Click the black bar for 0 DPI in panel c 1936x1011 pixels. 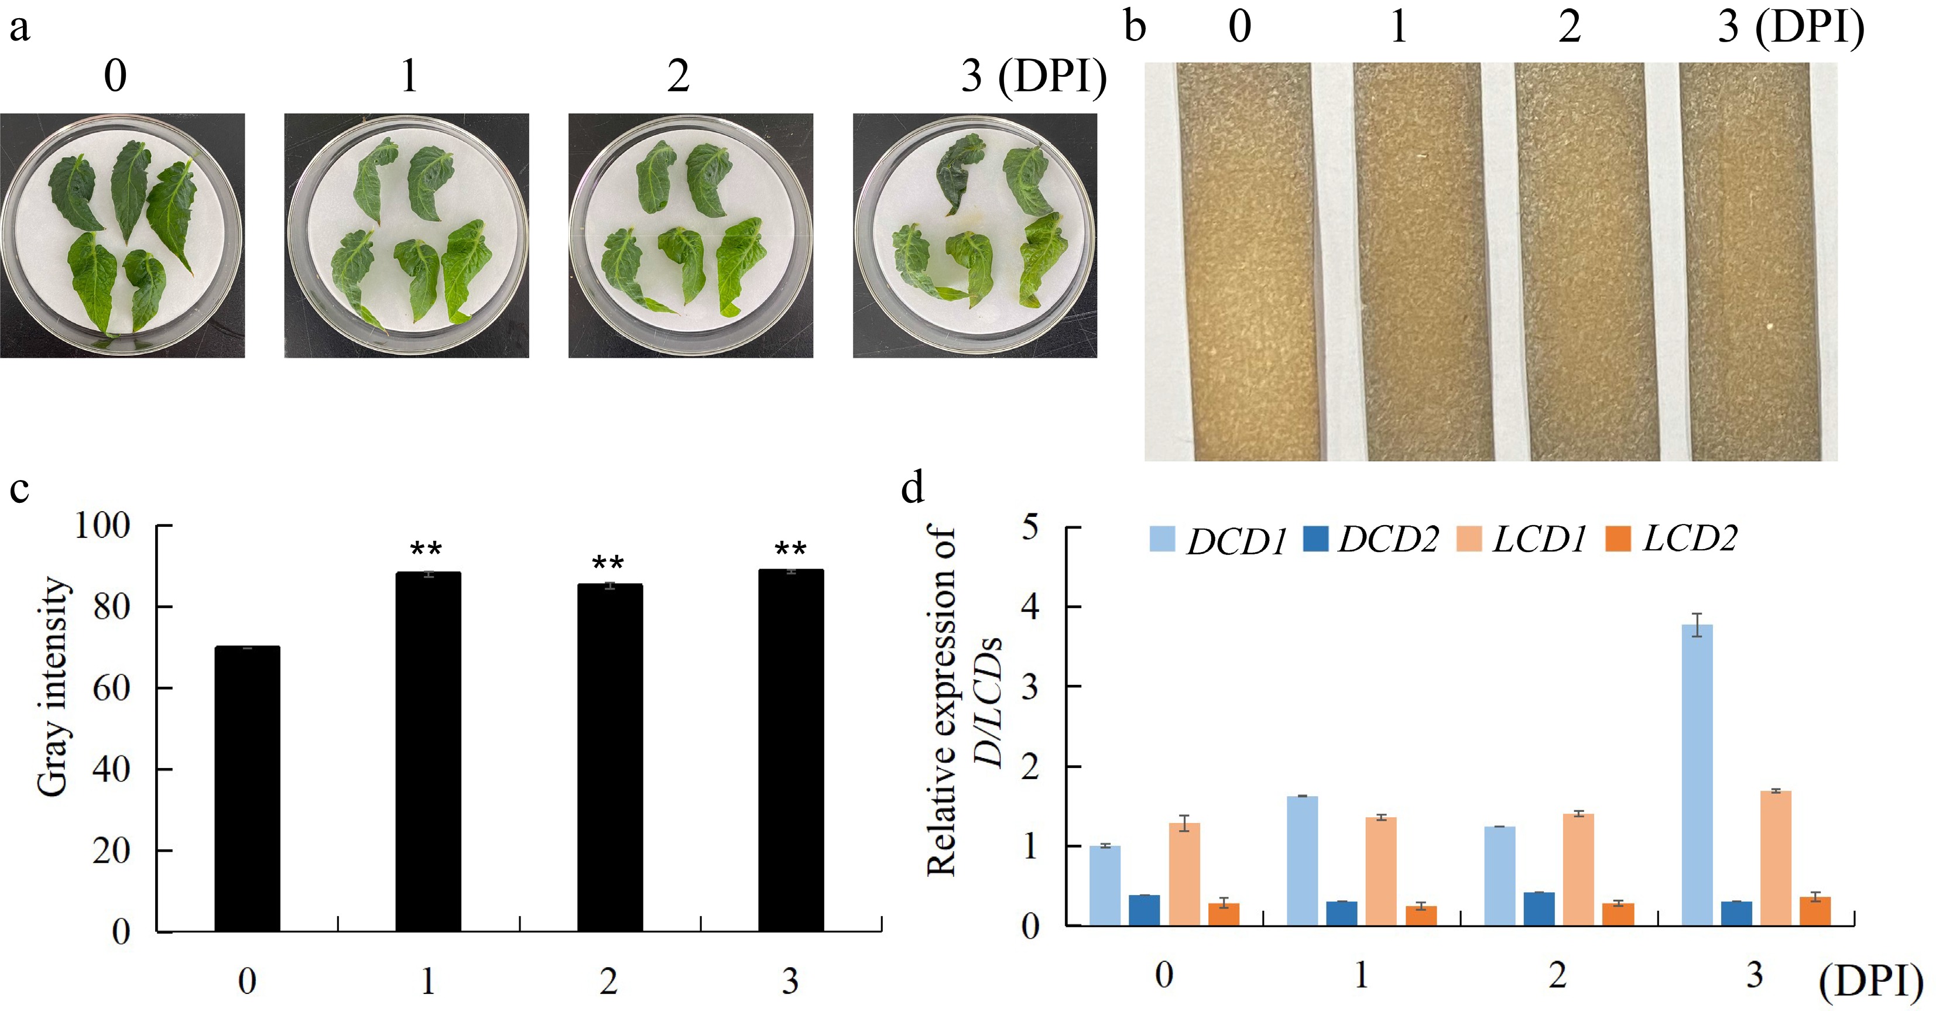247,789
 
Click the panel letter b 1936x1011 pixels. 1135,28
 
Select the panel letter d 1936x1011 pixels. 913,489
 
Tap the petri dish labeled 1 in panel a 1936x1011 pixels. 407,236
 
